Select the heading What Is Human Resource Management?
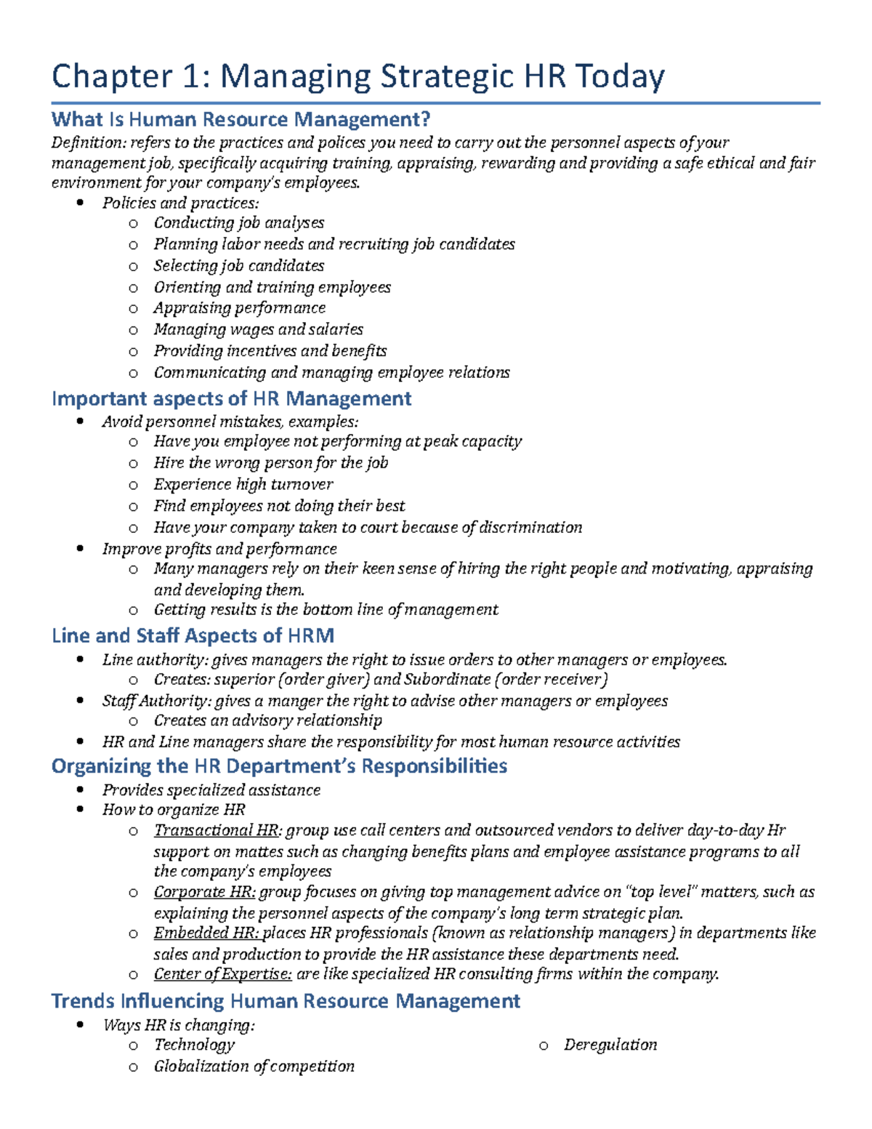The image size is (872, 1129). tap(241, 119)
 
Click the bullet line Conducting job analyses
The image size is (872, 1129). tap(238, 223)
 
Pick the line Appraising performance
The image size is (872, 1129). tap(239, 308)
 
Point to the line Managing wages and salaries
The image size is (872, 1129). tap(258, 329)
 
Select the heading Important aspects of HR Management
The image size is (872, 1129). tap(231, 398)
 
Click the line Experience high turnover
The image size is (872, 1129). tap(243, 484)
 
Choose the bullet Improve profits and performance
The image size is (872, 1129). tap(219, 549)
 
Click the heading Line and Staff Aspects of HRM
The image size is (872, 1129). tap(193, 636)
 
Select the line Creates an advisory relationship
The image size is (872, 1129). tap(267, 720)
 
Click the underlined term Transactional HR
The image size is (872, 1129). tap(216, 830)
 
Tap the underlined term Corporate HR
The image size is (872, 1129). tap(204, 892)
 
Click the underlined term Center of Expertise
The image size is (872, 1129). tap(222, 974)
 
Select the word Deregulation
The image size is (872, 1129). tap(610, 1045)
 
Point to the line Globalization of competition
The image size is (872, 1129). tap(254, 1066)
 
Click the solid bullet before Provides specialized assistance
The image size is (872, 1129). tap(80, 790)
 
